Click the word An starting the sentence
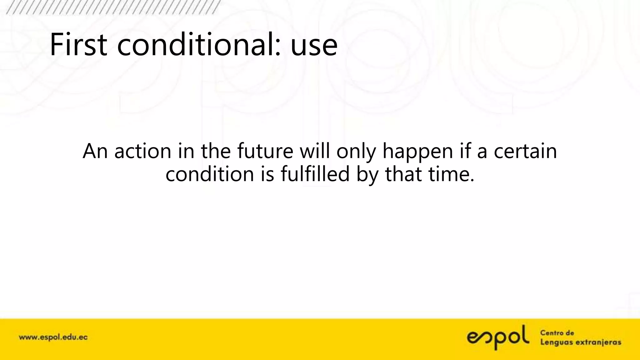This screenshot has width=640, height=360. [x=95, y=151]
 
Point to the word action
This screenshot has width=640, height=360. [x=143, y=151]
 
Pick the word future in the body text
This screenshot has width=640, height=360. [x=265, y=151]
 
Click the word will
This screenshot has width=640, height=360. [x=314, y=151]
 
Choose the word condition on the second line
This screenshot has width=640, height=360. [x=209, y=174]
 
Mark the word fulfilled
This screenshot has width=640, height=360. [x=315, y=174]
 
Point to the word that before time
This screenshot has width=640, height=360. [x=403, y=174]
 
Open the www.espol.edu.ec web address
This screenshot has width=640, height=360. [x=53, y=337]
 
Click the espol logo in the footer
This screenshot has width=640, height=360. [x=498, y=337]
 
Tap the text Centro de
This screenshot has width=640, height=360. [x=557, y=333]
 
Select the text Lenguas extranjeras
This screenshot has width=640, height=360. [x=581, y=342]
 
